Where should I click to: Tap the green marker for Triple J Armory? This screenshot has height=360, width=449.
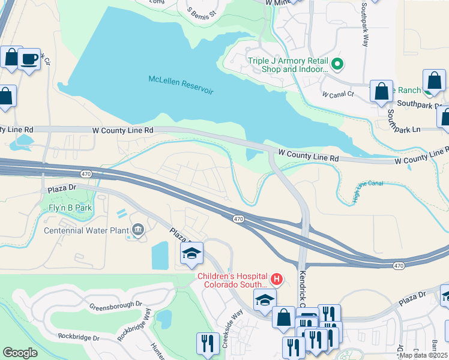click(x=337, y=63)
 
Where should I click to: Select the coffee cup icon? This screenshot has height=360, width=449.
click(x=29, y=59)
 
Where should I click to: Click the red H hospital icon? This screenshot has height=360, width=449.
click(x=277, y=278)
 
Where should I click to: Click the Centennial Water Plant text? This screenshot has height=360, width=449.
click(x=86, y=230)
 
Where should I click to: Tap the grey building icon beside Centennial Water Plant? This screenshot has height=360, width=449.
click(x=138, y=229)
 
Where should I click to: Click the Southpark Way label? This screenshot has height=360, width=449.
click(x=364, y=24)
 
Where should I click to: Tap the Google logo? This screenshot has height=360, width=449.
click(x=20, y=353)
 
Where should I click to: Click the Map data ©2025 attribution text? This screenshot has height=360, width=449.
click(x=423, y=355)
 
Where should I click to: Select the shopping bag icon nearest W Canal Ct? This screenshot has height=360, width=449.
click(x=381, y=92)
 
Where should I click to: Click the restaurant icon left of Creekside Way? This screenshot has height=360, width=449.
click(x=208, y=343)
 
